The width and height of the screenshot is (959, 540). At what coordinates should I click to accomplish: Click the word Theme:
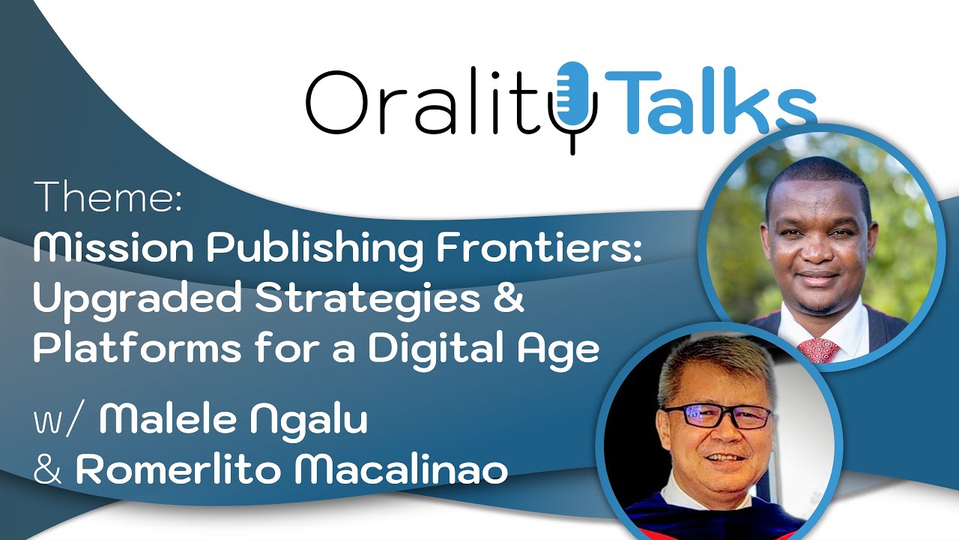[108, 197]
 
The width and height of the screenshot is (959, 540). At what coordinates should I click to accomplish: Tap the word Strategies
[367, 301]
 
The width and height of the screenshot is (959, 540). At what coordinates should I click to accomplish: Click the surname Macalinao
[401, 470]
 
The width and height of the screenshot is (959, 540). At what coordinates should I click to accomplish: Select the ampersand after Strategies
[509, 301]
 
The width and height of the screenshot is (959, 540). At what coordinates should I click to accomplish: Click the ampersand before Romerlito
[49, 471]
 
